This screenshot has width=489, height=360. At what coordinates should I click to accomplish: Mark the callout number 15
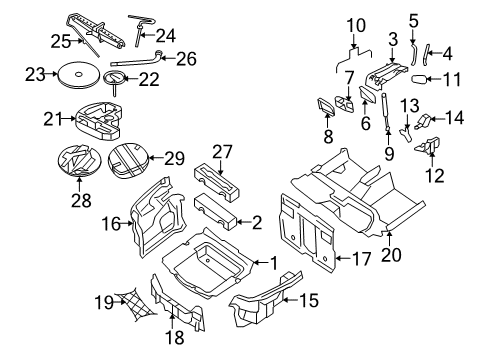coord(312,298)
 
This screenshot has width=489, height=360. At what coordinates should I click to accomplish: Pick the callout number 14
coord(456,117)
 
